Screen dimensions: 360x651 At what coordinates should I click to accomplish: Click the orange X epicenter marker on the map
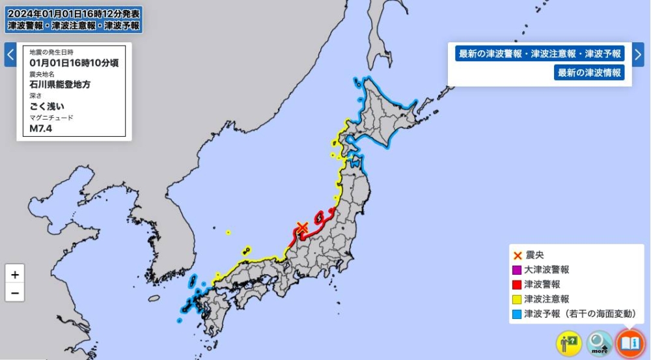click(302, 228)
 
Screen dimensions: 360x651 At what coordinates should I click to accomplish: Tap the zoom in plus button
click(14, 273)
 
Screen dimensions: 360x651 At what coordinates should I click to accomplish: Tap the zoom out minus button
click(14, 293)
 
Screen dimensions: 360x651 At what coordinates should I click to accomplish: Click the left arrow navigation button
click(10, 55)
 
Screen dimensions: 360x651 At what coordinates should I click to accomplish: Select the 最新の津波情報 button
click(589, 73)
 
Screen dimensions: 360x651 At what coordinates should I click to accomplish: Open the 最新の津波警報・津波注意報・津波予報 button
click(540, 54)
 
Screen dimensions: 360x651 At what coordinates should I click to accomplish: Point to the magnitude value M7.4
click(40, 128)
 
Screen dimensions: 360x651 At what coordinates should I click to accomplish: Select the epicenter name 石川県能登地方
click(60, 85)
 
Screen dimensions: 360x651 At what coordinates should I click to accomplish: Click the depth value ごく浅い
click(48, 106)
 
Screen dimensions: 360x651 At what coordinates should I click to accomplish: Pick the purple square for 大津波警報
click(517, 270)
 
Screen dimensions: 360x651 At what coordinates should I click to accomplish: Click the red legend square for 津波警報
click(517, 284)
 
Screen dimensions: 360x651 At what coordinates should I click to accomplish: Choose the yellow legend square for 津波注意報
click(517, 299)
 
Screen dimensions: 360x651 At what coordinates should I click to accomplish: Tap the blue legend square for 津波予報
click(517, 314)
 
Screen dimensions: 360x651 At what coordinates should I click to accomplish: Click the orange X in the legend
click(517, 255)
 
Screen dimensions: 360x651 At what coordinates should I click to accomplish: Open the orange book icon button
click(630, 343)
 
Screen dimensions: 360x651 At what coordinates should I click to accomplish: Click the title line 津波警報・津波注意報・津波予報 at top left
click(73, 25)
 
